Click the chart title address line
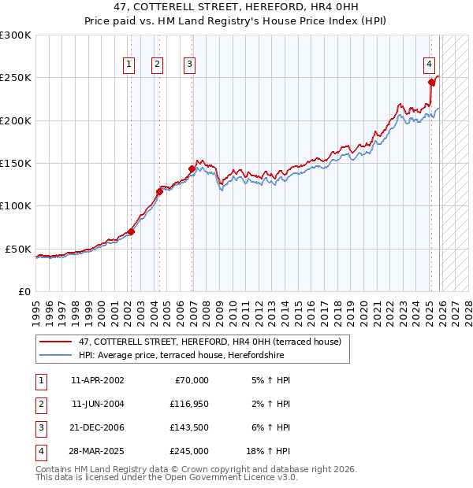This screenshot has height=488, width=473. (236, 6)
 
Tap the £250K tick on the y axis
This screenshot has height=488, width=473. (16, 78)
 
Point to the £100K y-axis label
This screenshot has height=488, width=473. (16, 205)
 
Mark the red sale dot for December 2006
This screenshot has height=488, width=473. (192, 168)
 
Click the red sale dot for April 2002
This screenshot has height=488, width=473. (131, 231)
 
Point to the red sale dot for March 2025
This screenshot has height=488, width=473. (431, 82)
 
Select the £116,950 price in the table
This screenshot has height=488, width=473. (188, 404)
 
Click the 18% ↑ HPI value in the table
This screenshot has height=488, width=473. (269, 451)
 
